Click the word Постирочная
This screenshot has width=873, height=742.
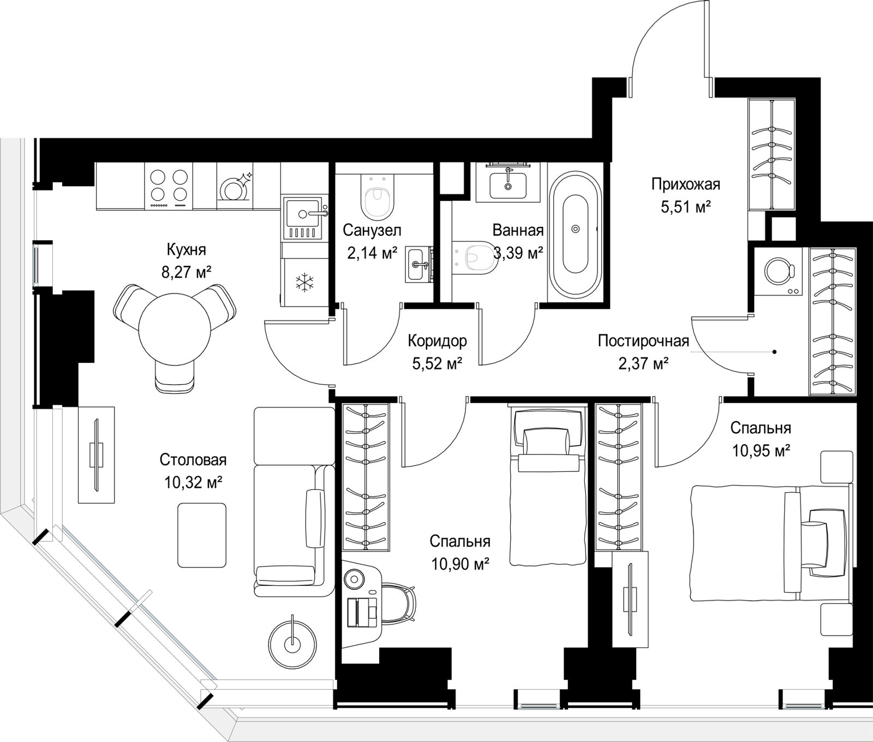tap(643, 341)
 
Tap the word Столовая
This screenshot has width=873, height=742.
tap(193, 460)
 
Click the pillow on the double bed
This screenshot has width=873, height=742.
tap(827, 543)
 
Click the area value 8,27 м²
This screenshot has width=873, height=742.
tap(186, 272)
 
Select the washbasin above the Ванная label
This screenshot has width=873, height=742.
tap(508, 183)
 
